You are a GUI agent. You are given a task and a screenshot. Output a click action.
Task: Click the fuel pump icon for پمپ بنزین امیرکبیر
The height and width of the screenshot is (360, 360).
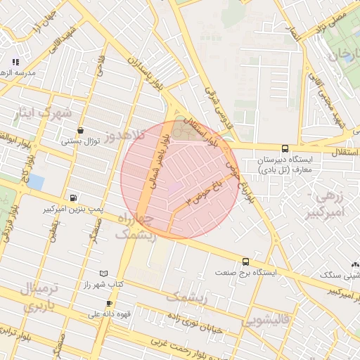click(74, 198)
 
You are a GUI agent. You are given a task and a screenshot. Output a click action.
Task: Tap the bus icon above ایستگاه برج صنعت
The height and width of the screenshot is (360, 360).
click(245, 260)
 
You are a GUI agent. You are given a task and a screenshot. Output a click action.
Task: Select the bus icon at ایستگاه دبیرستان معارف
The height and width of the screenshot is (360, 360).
click(284, 148)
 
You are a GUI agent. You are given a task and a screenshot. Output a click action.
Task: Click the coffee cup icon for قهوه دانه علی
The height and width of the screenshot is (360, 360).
click(109, 303)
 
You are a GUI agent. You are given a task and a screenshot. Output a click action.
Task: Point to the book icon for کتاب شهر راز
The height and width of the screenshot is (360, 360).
click(104, 273)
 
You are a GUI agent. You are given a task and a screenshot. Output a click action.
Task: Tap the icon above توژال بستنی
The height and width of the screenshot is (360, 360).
click(82, 130)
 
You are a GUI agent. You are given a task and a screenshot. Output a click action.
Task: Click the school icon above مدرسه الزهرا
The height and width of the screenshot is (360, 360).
click(15, 63)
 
